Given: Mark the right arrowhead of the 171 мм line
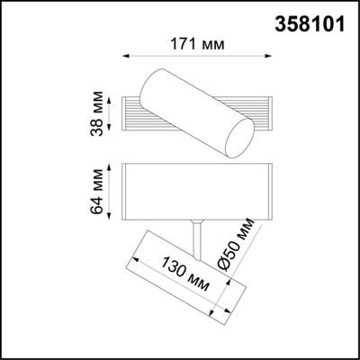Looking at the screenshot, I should [x=270, y=57].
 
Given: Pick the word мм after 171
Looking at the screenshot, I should [x=211, y=43].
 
